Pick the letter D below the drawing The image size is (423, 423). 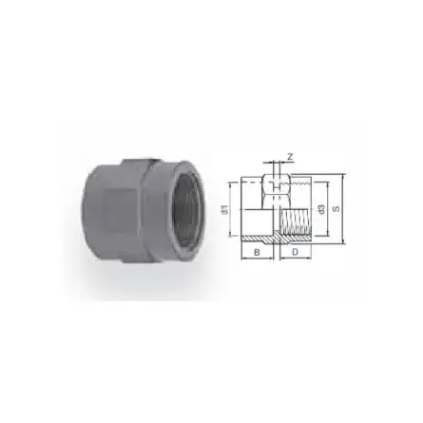point(295,254)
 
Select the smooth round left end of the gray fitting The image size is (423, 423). point(95,204)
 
